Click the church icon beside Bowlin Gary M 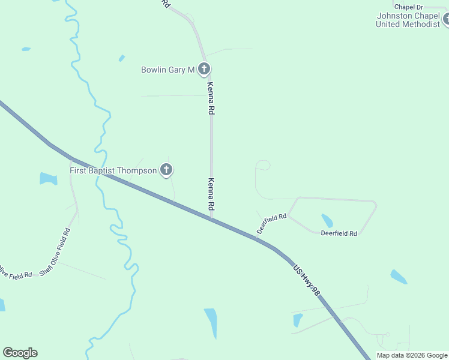(x=203, y=69)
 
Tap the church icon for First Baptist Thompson (x=166, y=170)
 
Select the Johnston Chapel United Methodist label (x=408, y=20)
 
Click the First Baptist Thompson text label (x=113, y=171)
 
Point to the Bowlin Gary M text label (x=167, y=70)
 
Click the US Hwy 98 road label (x=307, y=280)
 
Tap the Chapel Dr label (x=409, y=7)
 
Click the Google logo (x=20, y=353)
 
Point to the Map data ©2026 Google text (x=412, y=355)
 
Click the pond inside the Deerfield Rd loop (x=327, y=220)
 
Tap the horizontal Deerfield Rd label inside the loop (x=339, y=233)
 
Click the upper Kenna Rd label (x=211, y=99)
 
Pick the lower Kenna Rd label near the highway (x=211, y=193)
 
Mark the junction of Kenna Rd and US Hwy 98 (x=211, y=218)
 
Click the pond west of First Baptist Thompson (x=48, y=178)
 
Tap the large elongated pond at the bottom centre (x=211, y=323)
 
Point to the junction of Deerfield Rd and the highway (x=257, y=238)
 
